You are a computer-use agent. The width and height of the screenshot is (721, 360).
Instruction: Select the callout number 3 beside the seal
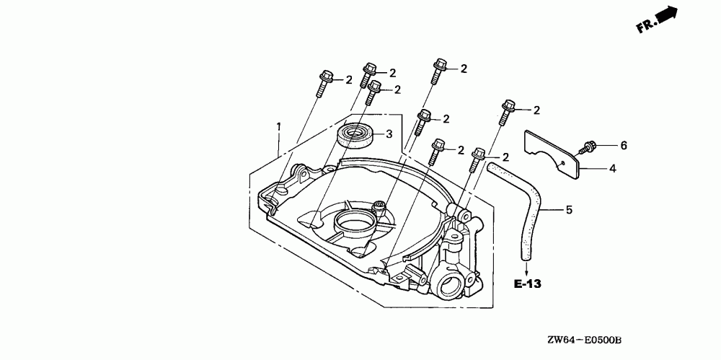pos(388,133)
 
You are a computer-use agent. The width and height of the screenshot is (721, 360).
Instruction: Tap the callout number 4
pos(612,168)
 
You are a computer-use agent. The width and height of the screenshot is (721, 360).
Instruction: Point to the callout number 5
pos(568,210)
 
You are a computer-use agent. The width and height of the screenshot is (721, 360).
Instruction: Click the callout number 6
pos(624,145)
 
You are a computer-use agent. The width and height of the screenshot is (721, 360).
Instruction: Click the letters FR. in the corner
pos(645,27)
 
